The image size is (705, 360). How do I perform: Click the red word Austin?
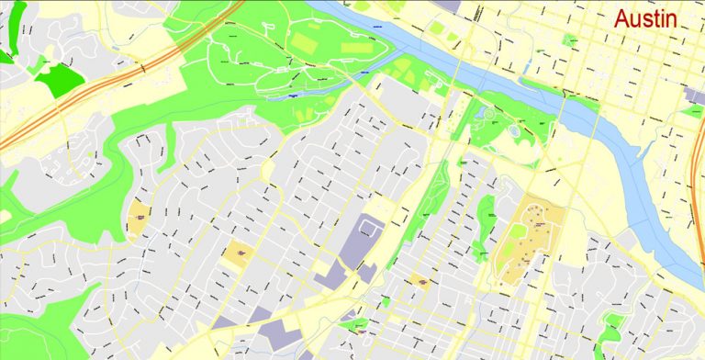tap(645, 18)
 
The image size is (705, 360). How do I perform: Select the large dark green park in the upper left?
tap(57, 79)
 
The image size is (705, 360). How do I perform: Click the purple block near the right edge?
tap(695, 96)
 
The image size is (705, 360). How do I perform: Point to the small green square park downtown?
tap(570, 40)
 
